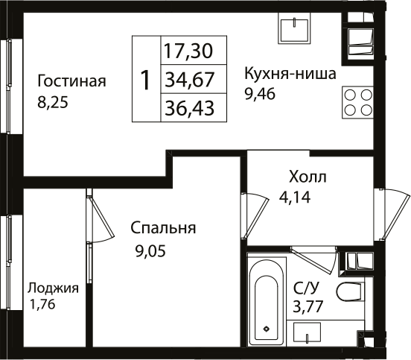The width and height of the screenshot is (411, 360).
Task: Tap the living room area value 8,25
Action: pos(52,104)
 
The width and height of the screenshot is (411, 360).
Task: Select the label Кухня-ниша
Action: pos(290,74)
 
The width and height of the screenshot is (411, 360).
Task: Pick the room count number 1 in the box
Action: pos(146,80)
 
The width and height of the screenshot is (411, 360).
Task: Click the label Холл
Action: pos(308,178)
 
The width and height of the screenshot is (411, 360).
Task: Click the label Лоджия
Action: pos(53,288)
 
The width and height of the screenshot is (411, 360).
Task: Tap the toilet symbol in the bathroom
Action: pos(348,291)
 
